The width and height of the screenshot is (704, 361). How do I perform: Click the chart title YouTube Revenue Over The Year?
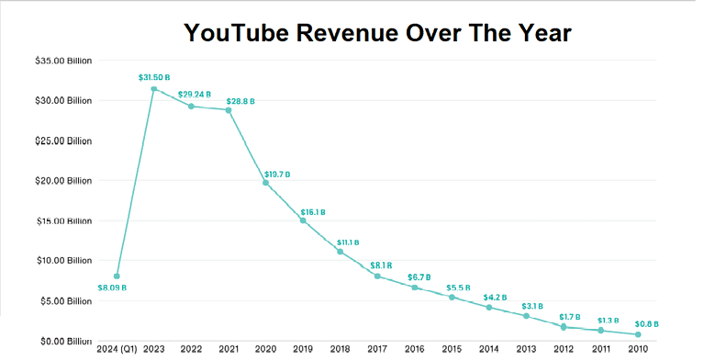[x=377, y=33]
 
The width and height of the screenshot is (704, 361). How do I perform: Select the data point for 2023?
[x=153, y=89]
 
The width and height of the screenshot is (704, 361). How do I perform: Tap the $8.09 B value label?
[x=112, y=288]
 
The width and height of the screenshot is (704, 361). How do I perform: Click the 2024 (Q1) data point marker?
[x=117, y=276]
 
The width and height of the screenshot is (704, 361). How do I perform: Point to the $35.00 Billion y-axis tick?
[x=62, y=61]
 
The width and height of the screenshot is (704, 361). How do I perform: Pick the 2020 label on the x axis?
[x=266, y=349]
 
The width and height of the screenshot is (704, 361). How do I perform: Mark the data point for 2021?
[x=229, y=110]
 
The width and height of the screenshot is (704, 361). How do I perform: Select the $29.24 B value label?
[x=194, y=94]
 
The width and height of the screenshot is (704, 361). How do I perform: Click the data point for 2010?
[x=638, y=334]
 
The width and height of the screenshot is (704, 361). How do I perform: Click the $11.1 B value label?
[x=349, y=242]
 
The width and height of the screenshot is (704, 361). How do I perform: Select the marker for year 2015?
[x=452, y=297]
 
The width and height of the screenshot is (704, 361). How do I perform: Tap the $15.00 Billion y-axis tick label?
[x=62, y=220]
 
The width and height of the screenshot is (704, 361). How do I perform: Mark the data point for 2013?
[x=526, y=316]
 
